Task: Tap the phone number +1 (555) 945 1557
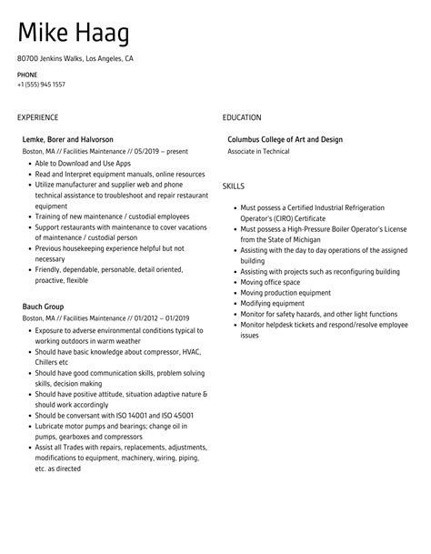(x=41, y=85)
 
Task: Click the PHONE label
(x=26, y=74)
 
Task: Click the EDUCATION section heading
(x=242, y=118)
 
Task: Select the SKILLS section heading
(x=235, y=186)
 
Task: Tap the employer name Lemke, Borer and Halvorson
(x=68, y=139)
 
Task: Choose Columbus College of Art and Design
(x=285, y=139)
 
